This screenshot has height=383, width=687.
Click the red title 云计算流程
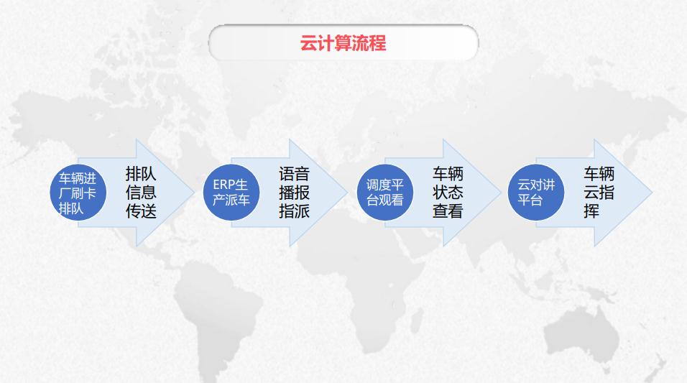(x=343, y=43)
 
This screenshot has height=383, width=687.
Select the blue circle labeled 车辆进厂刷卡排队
(x=78, y=193)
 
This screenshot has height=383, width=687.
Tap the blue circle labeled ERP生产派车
(x=231, y=193)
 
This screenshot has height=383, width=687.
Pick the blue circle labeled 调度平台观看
(x=385, y=193)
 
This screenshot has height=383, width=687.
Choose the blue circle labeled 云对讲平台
(x=536, y=193)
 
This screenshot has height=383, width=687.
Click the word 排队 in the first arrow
(x=141, y=174)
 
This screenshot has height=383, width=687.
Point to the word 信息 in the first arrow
(x=141, y=193)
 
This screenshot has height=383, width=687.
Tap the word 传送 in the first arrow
(x=141, y=211)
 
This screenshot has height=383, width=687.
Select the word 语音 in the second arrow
(x=295, y=174)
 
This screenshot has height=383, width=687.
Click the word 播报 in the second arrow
(x=295, y=193)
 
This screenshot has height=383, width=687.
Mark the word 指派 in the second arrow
(x=295, y=211)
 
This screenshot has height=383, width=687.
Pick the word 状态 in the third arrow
(x=448, y=193)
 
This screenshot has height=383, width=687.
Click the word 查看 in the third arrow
(x=448, y=211)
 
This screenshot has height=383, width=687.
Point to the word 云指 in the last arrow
(x=599, y=193)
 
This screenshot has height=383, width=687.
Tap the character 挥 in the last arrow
(x=591, y=211)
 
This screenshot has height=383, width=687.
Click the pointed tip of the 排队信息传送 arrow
(x=194, y=193)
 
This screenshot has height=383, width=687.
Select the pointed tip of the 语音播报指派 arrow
(x=347, y=193)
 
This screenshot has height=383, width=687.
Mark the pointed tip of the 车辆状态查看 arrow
(x=501, y=193)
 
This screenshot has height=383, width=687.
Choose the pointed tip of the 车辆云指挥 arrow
(x=652, y=193)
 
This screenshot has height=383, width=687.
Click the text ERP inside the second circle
(x=224, y=185)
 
